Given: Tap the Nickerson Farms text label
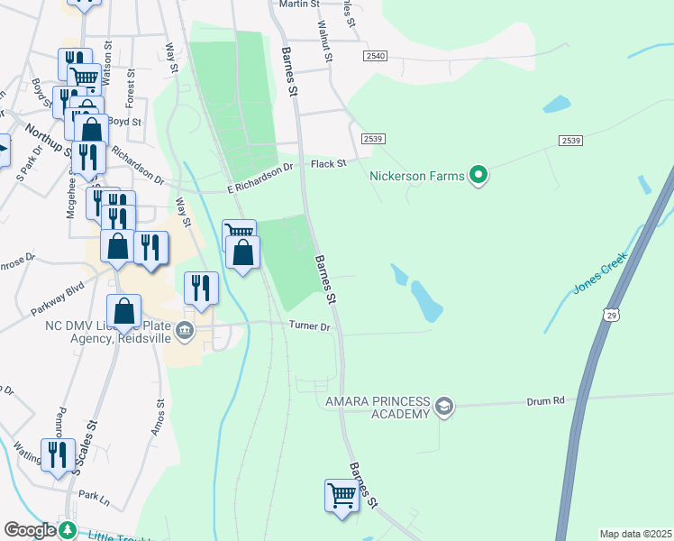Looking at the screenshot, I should [x=416, y=176].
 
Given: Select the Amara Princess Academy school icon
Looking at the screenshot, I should [x=443, y=408].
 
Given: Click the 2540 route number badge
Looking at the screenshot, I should [x=376, y=56].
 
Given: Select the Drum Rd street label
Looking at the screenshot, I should [x=545, y=399].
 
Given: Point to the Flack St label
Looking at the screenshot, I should [x=328, y=164].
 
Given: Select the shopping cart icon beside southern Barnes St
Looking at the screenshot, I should [x=342, y=495].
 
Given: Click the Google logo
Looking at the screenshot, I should [x=30, y=530].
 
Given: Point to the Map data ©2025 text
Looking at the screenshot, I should [x=635, y=534].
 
